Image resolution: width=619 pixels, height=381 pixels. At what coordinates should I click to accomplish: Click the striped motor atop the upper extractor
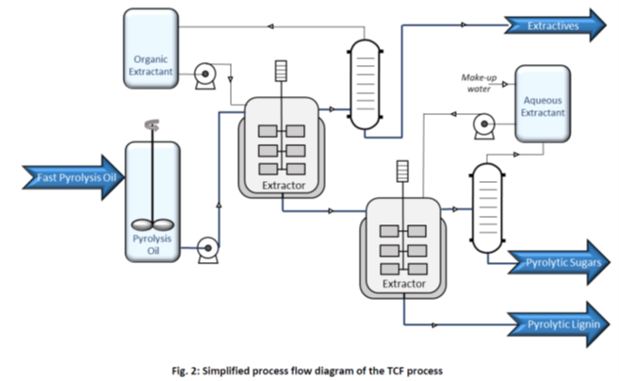click(x=280, y=73)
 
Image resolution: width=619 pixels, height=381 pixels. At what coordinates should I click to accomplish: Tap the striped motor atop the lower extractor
click(x=403, y=171)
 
